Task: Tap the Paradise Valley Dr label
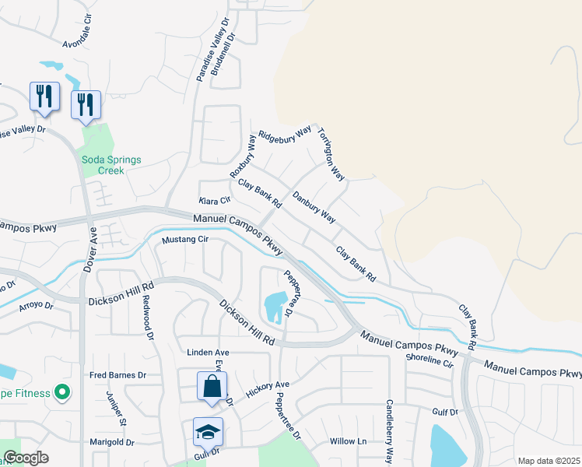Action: coord(213,51)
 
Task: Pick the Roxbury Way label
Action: coord(243,156)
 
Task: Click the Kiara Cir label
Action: coord(213,202)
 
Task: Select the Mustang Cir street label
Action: coord(186,240)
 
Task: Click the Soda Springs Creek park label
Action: coord(112,165)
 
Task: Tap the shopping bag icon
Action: coord(212,386)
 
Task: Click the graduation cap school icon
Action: coord(208,432)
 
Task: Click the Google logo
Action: coord(26,458)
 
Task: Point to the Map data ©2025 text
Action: coord(548,461)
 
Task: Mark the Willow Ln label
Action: coord(348,441)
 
